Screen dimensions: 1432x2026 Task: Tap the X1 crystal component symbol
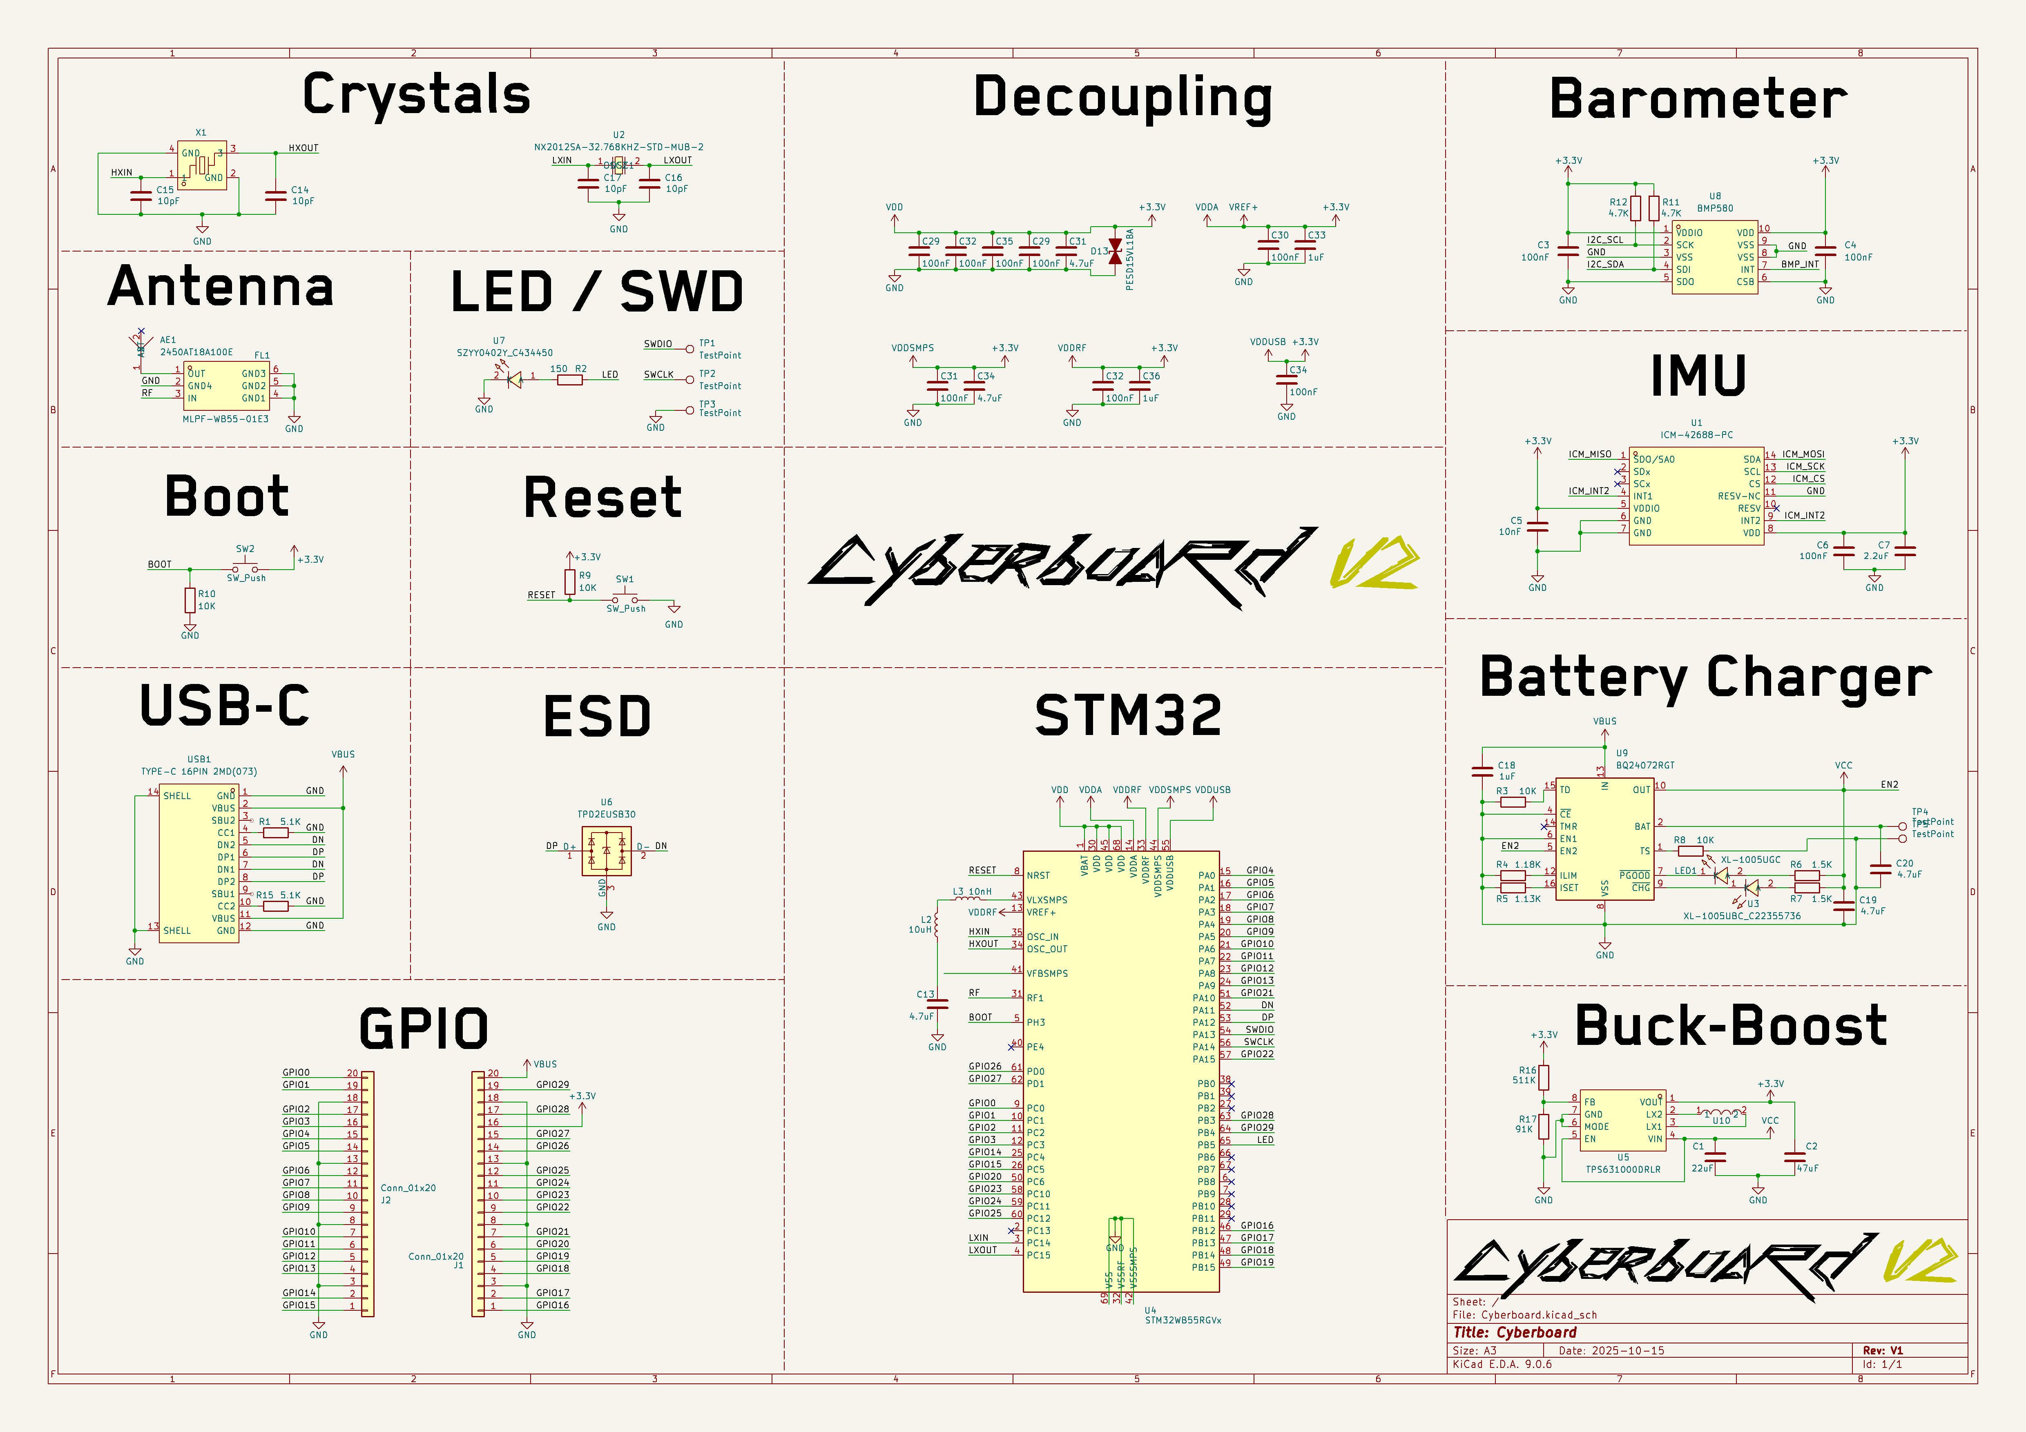[202, 165]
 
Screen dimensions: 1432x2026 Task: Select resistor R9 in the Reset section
[570, 581]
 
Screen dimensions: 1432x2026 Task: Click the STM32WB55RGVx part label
[1183, 1320]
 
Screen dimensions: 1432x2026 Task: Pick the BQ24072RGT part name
[1645, 765]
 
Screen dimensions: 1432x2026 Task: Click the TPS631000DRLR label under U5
[1623, 1169]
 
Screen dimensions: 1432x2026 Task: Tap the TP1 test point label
[707, 343]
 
